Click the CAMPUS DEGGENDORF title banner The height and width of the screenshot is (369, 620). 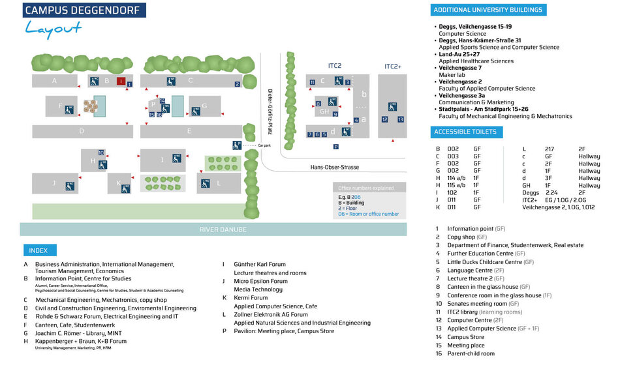tap(84, 10)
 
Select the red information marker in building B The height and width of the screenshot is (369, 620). tap(121, 81)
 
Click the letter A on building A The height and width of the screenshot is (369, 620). tap(55, 81)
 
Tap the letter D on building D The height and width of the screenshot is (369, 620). tap(81, 131)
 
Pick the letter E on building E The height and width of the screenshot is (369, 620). tap(189, 131)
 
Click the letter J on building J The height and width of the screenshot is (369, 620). tap(54, 183)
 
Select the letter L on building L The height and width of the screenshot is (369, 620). tap(219, 183)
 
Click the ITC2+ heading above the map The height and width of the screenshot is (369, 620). tap(393, 66)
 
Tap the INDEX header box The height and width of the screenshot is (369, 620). tap(39, 250)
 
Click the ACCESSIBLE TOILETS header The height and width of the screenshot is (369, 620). tap(465, 132)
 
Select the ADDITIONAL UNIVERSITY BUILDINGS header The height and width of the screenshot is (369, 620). tap(488, 10)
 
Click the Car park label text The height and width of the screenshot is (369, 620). tap(264, 145)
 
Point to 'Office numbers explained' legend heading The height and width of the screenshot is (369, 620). tap(366, 188)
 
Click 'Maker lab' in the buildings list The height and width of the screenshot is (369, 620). tap(452, 75)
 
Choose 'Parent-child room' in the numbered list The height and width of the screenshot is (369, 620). tap(471, 353)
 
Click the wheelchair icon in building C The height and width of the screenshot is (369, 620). tap(171, 81)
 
